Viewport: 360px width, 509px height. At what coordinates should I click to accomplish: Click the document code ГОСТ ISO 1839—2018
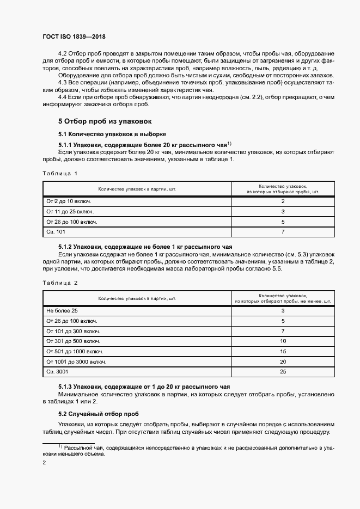pos(74,36)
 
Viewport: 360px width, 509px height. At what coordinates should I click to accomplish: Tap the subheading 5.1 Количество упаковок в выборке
pos(112,134)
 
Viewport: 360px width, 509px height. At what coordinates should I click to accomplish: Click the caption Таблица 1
pos(60,174)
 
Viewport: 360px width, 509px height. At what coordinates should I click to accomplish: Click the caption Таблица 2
pos(60,283)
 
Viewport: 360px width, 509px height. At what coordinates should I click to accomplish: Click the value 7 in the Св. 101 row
pos(283,232)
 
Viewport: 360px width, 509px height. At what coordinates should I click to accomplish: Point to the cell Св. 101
pos(56,232)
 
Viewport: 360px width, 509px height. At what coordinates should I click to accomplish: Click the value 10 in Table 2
pos(283,341)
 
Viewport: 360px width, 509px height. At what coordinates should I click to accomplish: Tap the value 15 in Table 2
pos(283,351)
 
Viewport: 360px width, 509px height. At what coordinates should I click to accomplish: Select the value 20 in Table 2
pos(283,361)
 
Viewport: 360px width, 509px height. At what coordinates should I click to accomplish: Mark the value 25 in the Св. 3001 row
pos(283,372)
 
